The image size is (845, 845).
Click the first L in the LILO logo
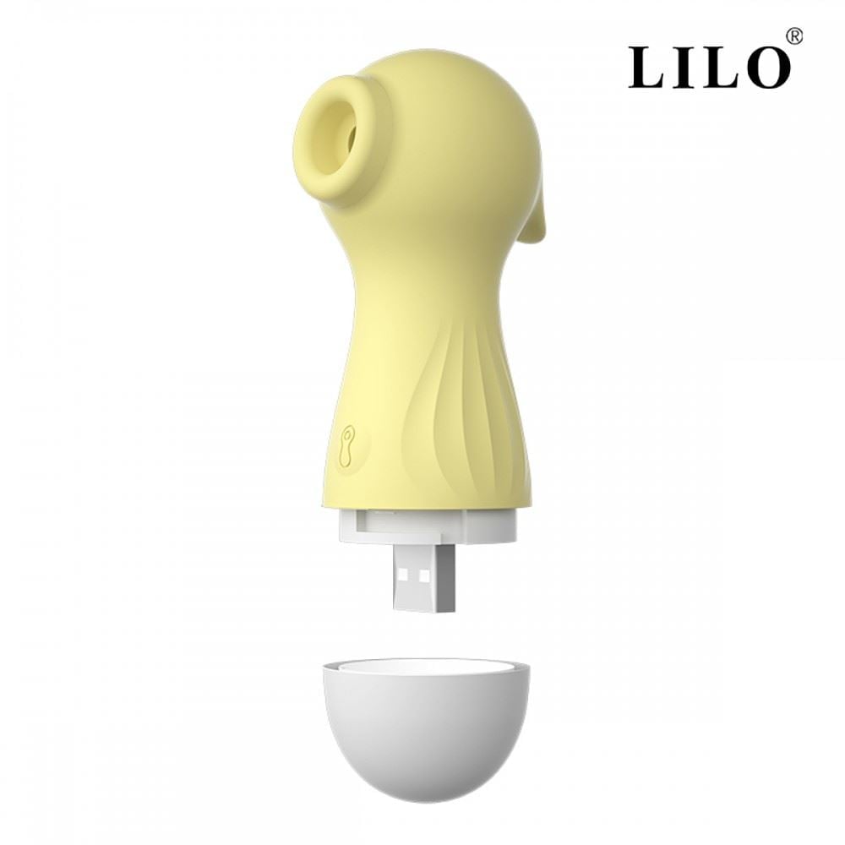(x=648, y=68)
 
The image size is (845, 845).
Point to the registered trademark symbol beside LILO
(x=794, y=36)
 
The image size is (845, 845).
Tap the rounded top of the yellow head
(x=439, y=68)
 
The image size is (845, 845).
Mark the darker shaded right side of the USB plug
(x=448, y=582)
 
